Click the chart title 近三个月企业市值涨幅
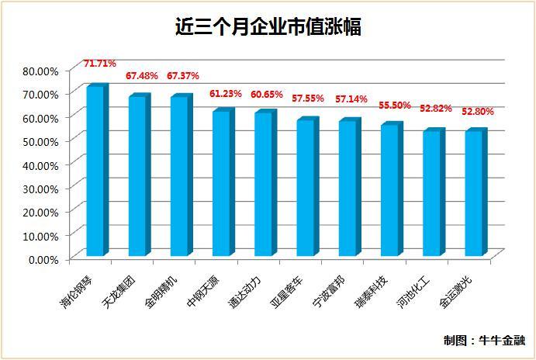(x=268, y=29)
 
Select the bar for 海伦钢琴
(x=95, y=171)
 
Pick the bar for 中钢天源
(x=222, y=183)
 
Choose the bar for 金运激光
(x=474, y=193)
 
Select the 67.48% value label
(x=142, y=76)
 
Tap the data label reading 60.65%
(x=267, y=94)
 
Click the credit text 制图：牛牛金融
(x=484, y=340)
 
